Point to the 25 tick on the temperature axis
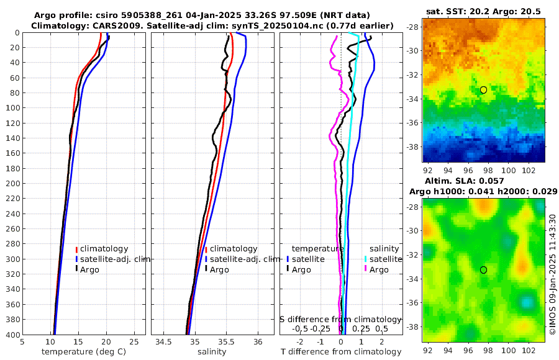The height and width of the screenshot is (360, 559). coord(134,341)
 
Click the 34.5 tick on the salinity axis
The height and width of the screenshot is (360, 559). coord(163,341)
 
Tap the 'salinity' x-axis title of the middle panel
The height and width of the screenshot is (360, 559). coord(211,351)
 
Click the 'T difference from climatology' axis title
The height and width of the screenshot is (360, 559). coord(340,351)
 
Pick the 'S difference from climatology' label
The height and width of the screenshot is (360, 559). coord(340,318)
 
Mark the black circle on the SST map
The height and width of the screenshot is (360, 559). coord(483,90)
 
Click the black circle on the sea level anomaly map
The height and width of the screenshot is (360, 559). coord(483,270)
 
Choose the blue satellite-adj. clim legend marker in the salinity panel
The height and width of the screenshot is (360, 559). coord(206,259)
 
